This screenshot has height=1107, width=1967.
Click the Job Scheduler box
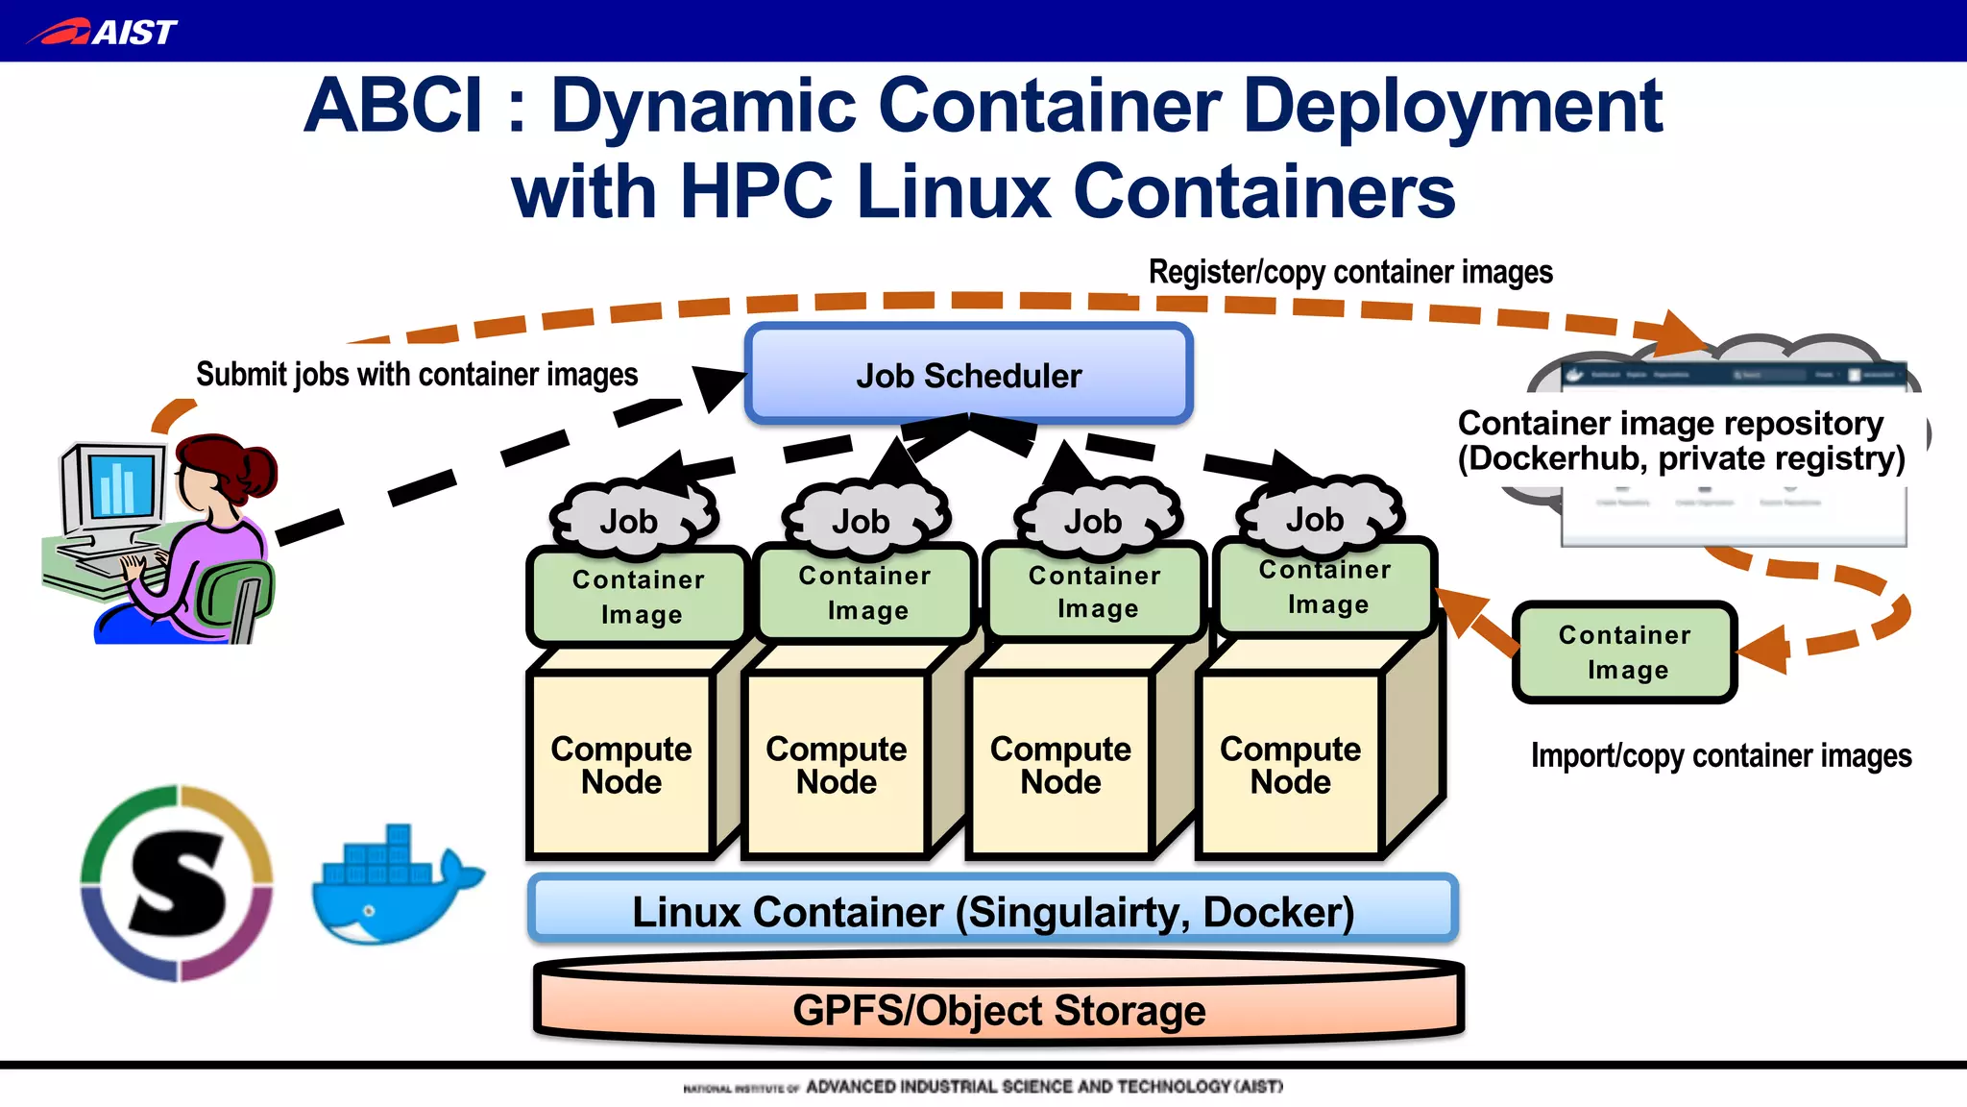(x=968, y=375)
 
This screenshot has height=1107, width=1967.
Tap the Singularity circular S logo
(x=177, y=883)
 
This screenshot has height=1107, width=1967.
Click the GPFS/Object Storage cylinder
(x=999, y=1009)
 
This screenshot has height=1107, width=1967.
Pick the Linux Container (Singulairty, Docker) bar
(x=992, y=910)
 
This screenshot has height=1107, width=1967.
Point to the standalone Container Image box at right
(x=1624, y=652)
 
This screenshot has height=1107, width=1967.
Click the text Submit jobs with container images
(x=417, y=374)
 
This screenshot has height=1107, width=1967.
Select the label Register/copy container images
(x=1349, y=272)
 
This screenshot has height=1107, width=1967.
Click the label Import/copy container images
(x=1720, y=755)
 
